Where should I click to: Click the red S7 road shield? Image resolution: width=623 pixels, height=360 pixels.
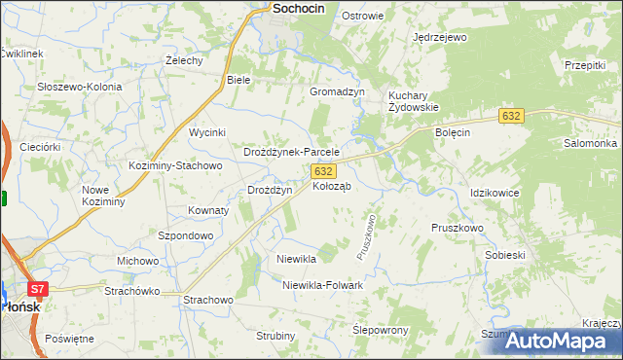click(37, 289)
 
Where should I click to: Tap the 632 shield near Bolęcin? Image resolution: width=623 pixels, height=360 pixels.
click(513, 116)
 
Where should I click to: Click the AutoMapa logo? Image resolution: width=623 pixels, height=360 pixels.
click(558, 341)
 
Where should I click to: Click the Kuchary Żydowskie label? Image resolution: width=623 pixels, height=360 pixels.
click(415, 101)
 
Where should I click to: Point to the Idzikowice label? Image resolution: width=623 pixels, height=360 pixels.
click(495, 193)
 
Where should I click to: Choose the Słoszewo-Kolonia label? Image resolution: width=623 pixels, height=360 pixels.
click(80, 87)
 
